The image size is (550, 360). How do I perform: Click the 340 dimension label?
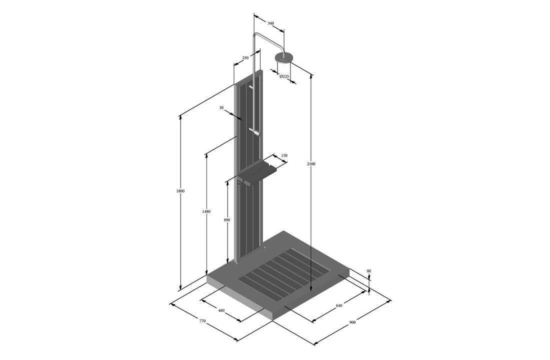(270, 23)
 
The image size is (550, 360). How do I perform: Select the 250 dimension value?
(245, 58)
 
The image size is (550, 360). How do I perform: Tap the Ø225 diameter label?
(284, 76)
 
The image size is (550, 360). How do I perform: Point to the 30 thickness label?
(221, 107)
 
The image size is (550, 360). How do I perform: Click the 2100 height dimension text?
(311, 164)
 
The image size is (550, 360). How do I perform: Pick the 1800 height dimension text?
(180, 191)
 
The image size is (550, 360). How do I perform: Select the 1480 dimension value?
(206, 211)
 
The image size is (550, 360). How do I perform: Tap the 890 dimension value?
(227, 220)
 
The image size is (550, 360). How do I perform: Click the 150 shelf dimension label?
(284, 156)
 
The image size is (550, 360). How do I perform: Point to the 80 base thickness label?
(369, 271)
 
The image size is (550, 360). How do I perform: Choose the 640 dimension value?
(339, 305)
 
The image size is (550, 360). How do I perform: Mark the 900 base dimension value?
(352, 322)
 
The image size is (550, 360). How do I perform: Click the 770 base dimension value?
(202, 320)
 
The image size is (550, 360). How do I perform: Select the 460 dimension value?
(221, 310)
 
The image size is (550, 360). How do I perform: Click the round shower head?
(283, 58)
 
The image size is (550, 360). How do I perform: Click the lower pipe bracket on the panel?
(255, 132)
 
